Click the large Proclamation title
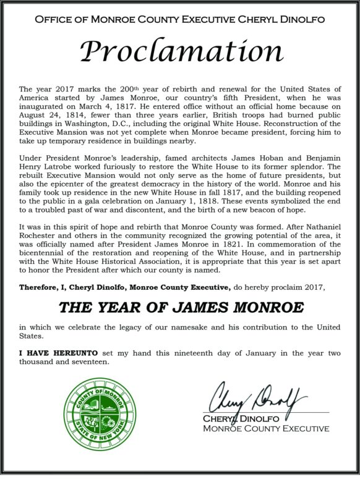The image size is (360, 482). [x=180, y=54]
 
